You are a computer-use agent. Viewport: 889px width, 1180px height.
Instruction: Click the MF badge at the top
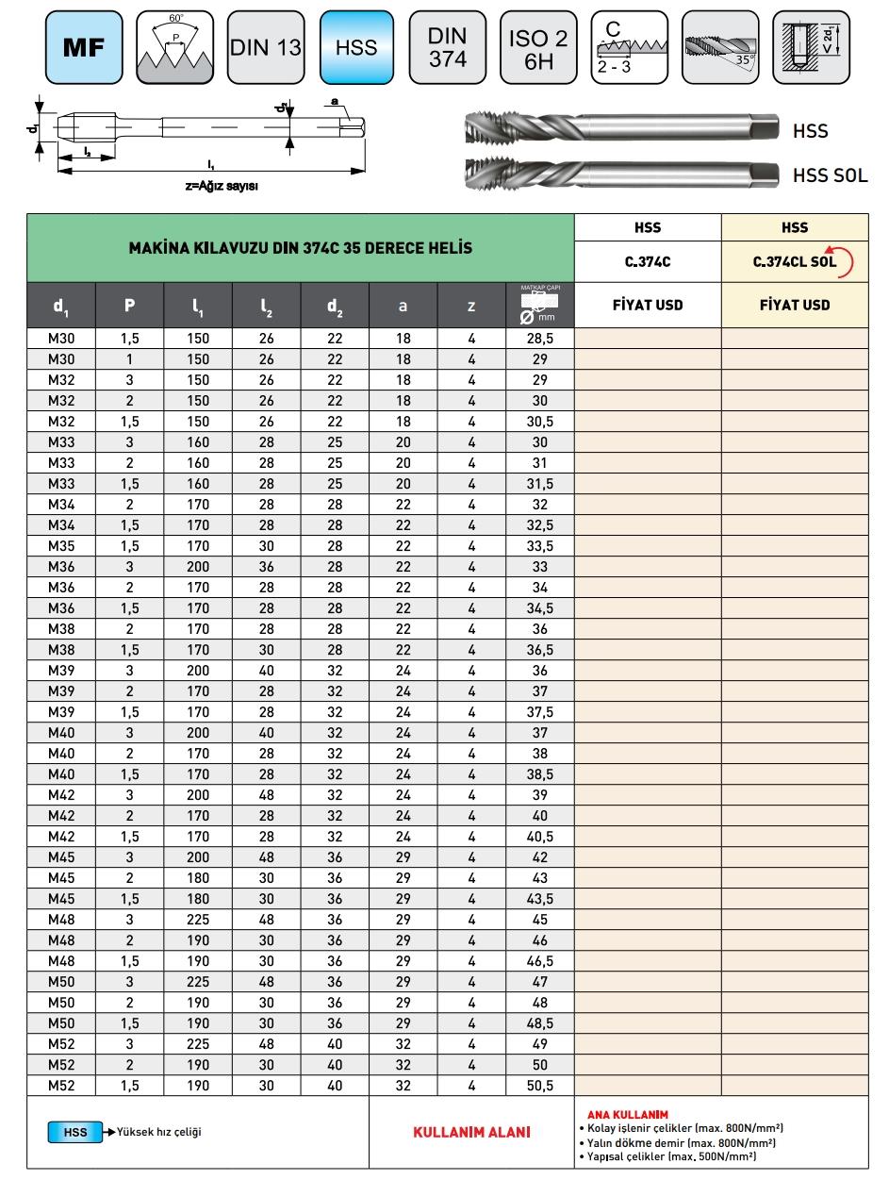(x=83, y=47)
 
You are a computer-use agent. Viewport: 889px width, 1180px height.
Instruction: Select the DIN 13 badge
(x=266, y=47)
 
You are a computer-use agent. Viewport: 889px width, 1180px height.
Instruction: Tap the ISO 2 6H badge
(x=538, y=47)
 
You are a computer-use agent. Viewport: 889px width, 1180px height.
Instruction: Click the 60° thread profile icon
(x=174, y=47)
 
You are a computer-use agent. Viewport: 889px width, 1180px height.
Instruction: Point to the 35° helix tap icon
(x=719, y=47)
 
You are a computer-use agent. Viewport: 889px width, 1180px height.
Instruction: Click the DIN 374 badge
(x=448, y=47)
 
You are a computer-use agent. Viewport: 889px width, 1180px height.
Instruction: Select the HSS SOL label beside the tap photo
(x=829, y=175)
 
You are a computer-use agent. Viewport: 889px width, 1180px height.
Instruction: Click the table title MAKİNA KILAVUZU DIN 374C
(x=301, y=248)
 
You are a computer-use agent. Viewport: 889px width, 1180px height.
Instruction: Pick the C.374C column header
(x=648, y=263)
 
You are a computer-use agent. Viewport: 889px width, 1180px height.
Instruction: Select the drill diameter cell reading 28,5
(x=539, y=337)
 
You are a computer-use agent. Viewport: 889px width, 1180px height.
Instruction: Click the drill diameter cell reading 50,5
(x=539, y=1086)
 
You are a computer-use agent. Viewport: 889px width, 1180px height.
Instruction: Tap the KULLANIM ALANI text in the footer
(x=471, y=1132)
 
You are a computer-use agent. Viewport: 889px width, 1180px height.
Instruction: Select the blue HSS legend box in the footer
(x=75, y=1132)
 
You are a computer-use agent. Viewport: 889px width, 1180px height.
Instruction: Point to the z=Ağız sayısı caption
(x=222, y=186)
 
